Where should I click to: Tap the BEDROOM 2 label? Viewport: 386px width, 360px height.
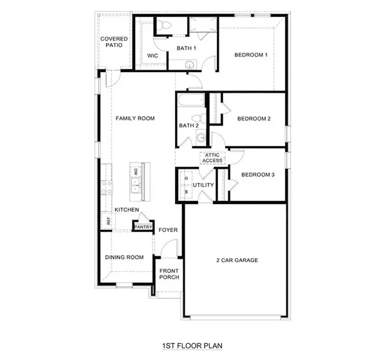pos(253,118)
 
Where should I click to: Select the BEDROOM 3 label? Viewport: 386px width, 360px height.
pos(257,175)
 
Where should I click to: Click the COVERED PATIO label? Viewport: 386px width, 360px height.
pos(114,43)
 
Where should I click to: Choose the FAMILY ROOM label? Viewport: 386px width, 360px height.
pos(135,119)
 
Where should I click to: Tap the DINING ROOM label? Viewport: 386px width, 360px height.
pos(124,258)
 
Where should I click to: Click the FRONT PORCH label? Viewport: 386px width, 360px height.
pos(169,273)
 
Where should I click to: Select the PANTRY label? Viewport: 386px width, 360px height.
pos(142,226)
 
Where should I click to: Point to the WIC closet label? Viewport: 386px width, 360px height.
pos(152,56)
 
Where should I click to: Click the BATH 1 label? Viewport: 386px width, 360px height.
pos(187,49)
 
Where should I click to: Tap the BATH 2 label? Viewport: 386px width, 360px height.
pos(188,126)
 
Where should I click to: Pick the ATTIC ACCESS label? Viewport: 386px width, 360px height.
pos(212,158)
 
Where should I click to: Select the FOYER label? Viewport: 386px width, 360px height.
pos(168,230)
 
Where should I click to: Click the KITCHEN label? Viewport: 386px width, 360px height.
pos(127,211)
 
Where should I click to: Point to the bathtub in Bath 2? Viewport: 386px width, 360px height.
pos(189,101)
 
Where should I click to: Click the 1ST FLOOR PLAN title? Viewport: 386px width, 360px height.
pos(192,346)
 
